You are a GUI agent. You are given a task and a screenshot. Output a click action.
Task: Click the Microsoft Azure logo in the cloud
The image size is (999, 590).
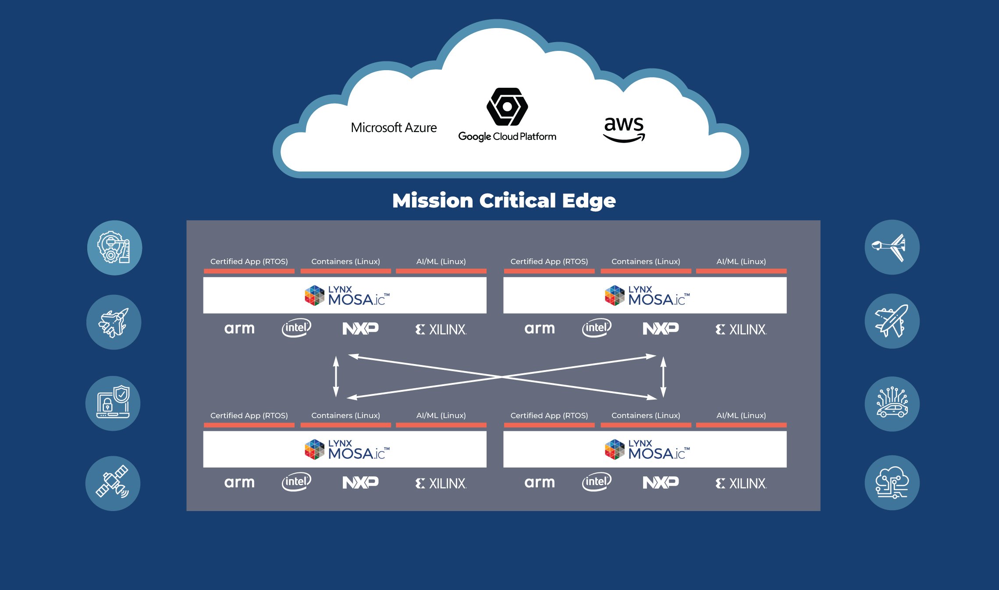pyautogui.click(x=394, y=128)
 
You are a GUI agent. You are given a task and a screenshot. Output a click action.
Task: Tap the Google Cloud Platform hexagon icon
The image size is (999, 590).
pyautogui.click(x=507, y=107)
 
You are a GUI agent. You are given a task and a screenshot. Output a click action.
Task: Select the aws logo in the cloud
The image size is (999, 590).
pyautogui.click(x=624, y=129)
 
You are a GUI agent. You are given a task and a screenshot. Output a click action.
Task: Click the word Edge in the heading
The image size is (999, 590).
pyautogui.click(x=589, y=201)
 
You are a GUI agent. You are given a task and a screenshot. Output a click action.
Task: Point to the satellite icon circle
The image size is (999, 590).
pyautogui.click(x=113, y=483)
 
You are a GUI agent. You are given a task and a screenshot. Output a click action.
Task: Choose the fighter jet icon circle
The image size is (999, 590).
pyautogui.click(x=114, y=322)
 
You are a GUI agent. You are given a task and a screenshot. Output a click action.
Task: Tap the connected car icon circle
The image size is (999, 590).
pyautogui.click(x=892, y=404)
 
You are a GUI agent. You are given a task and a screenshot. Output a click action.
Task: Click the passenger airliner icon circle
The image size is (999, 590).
pyautogui.click(x=892, y=321)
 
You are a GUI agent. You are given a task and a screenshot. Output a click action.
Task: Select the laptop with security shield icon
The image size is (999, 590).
pyautogui.click(x=113, y=403)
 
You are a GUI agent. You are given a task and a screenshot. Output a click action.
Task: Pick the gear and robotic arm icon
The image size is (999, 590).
pyautogui.click(x=114, y=247)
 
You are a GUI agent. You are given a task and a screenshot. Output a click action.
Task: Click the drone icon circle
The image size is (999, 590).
pyautogui.click(x=892, y=247)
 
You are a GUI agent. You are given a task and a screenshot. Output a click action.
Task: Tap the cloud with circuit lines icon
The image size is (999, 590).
pyautogui.click(x=892, y=483)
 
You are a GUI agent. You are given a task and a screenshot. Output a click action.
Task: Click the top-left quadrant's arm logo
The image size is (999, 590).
pyautogui.click(x=239, y=329)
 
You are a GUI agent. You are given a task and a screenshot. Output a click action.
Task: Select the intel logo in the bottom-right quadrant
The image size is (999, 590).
pyautogui.click(x=596, y=482)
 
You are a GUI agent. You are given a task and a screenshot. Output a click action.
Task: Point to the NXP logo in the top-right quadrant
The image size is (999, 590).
pyautogui.click(x=661, y=328)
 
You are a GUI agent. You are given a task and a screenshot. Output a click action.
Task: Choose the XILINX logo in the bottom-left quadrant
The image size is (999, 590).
pyautogui.click(x=441, y=483)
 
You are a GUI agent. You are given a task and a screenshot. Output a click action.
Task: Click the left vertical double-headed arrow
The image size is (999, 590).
pyautogui.click(x=336, y=376)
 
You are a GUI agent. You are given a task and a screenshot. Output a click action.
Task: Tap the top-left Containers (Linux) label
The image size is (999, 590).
pyautogui.click(x=345, y=261)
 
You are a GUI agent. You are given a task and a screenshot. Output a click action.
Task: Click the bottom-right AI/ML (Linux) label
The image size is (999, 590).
pyautogui.click(x=741, y=415)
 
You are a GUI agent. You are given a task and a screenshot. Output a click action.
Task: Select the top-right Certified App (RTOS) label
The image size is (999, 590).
pyautogui.click(x=549, y=261)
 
